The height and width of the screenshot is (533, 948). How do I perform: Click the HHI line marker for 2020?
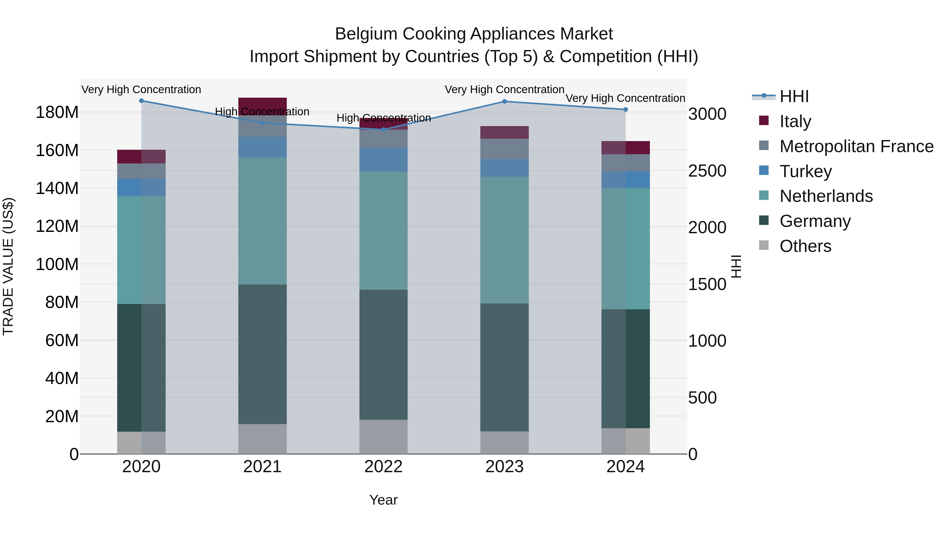coord(141,101)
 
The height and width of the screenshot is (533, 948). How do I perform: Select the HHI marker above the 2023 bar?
coord(505,102)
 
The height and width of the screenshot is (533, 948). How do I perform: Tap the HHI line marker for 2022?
coord(383,129)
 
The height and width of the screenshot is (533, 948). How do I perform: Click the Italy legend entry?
coord(795,121)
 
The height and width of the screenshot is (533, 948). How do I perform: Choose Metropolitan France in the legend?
coord(856,146)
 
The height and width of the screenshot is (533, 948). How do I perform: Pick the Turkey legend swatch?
coord(764,171)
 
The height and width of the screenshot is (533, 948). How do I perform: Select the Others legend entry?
coord(805,246)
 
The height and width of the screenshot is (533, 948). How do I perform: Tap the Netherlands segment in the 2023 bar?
coord(505,240)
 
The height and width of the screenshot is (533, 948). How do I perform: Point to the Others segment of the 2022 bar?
coord(383,437)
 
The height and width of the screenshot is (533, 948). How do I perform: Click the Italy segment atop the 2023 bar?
coord(505,132)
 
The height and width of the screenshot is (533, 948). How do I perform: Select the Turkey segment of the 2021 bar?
coord(262,147)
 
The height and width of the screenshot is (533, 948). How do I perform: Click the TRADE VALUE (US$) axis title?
coord(8,266)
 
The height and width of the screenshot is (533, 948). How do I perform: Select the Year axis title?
coord(383,500)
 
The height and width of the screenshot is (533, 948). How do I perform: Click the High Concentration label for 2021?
coord(262,111)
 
